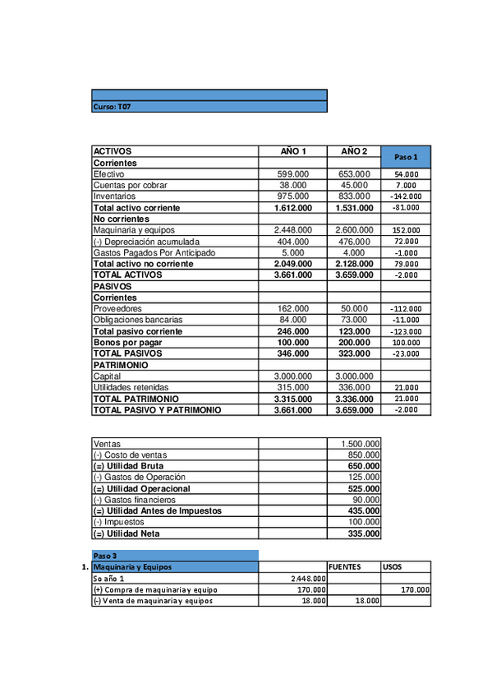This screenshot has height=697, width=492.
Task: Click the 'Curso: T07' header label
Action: (112, 107)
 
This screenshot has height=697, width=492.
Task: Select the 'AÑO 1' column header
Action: (293, 151)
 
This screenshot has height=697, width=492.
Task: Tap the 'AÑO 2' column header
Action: (354, 151)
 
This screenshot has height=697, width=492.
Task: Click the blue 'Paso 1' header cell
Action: (406, 156)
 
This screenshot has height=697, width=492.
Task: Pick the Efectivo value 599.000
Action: (293, 174)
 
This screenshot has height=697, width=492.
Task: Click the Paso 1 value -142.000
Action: (405, 196)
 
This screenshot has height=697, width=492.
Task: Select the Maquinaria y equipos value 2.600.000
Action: (354, 230)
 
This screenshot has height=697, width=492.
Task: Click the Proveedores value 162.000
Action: (293, 308)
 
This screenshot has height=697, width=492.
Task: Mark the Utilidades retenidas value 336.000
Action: (354, 387)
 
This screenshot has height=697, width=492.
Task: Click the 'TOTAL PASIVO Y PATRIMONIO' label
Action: (157, 409)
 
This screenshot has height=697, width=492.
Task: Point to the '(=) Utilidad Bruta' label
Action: (130, 466)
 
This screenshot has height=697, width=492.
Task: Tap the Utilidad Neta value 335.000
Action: (360, 533)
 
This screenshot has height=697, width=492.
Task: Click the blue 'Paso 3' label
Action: (106, 556)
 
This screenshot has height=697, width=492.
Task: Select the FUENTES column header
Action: (344, 566)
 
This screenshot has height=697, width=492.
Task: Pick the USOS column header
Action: (393, 566)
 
